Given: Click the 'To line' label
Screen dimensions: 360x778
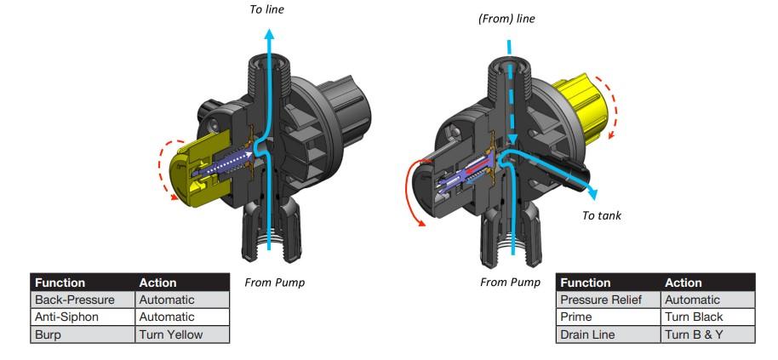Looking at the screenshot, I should point(266,9).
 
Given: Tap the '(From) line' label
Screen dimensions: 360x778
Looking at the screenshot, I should point(506,19).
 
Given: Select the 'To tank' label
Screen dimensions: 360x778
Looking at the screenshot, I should point(601,215).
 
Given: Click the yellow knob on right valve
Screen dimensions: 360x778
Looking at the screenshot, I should point(587,106).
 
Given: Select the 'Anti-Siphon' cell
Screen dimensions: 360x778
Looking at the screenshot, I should point(66,317).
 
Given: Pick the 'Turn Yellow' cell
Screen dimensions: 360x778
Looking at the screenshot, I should point(170,334).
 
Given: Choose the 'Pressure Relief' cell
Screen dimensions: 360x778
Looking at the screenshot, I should point(601,300).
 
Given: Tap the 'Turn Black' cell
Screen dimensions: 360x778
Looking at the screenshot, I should point(694,317).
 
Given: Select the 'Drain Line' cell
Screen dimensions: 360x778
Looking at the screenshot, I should point(588,334).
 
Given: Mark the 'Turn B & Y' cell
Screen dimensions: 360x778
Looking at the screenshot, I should point(695,334).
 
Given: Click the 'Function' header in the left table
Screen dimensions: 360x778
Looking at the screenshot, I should point(62,282).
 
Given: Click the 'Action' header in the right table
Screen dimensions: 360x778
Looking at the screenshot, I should point(684,282).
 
